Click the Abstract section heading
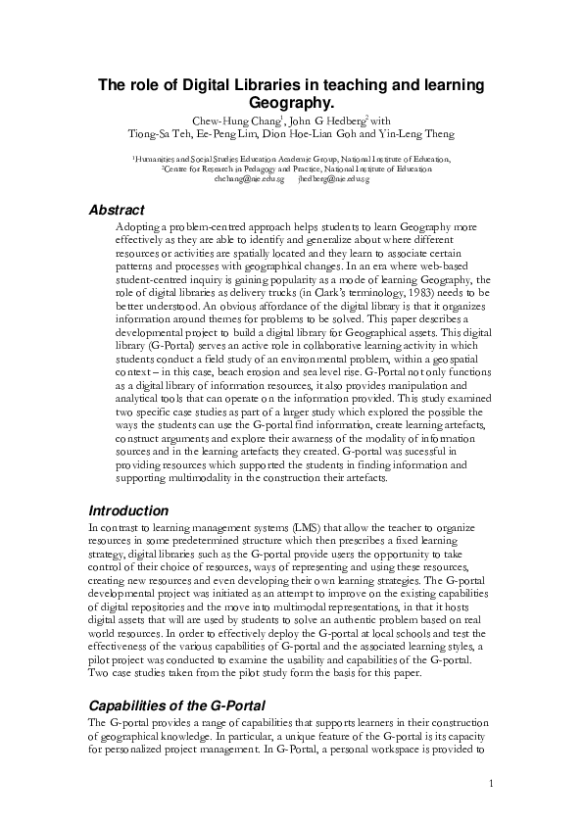[x=117, y=210]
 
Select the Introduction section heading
[x=128, y=510]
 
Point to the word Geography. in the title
[x=291, y=102]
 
